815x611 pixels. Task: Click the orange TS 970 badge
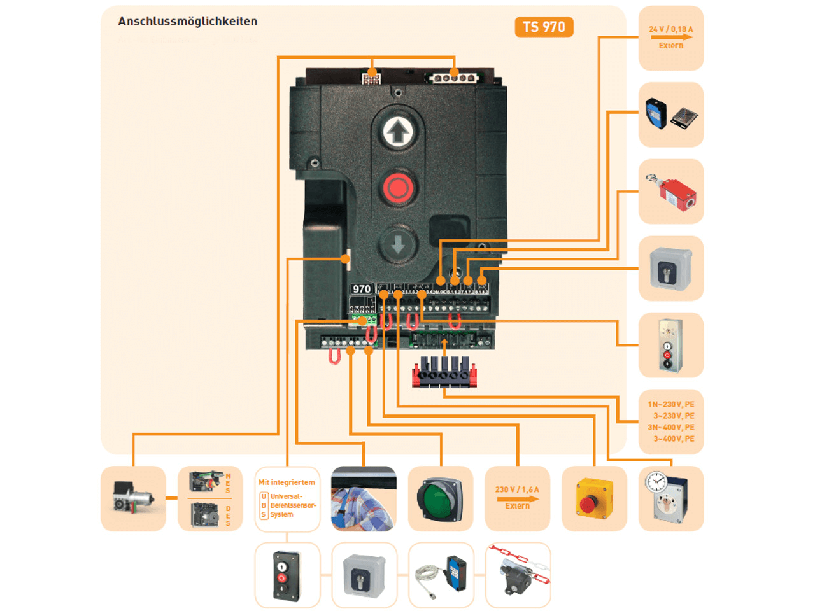[544, 27]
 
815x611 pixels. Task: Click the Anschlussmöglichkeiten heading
[188, 22]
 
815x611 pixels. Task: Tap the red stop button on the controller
[399, 188]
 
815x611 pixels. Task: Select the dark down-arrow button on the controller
[399, 244]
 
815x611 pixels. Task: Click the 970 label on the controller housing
[362, 289]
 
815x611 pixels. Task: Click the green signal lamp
[440, 499]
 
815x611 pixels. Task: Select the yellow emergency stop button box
[594, 499]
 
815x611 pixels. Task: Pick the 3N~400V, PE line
[671, 428]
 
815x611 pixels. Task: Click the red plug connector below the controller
[444, 373]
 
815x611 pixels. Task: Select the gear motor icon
[133, 498]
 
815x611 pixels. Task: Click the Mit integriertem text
[287, 482]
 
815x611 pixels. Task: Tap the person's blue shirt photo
[364, 503]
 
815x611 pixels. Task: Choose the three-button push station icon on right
[670, 346]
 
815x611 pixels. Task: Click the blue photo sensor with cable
[441, 575]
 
